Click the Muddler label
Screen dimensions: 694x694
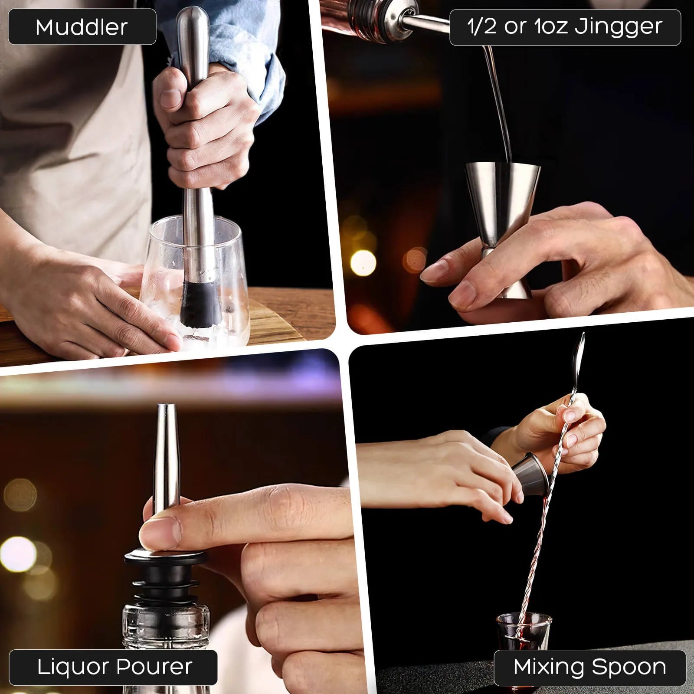click(82, 27)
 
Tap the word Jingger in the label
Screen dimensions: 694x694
click(618, 27)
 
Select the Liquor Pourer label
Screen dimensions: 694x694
click(114, 667)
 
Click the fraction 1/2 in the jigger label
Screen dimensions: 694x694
click(481, 27)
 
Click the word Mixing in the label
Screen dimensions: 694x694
click(548, 667)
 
